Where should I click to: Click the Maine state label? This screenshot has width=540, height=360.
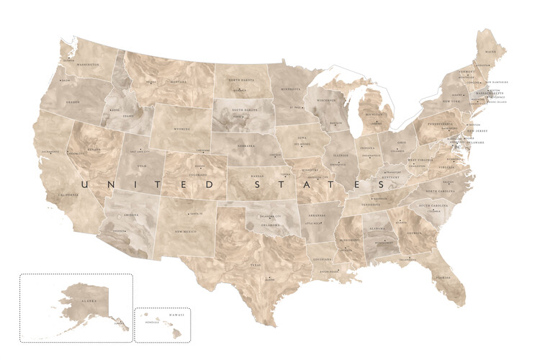click(x=490, y=53)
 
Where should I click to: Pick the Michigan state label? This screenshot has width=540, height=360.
click(x=374, y=114)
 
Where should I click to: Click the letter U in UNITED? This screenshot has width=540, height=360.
click(x=85, y=184)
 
